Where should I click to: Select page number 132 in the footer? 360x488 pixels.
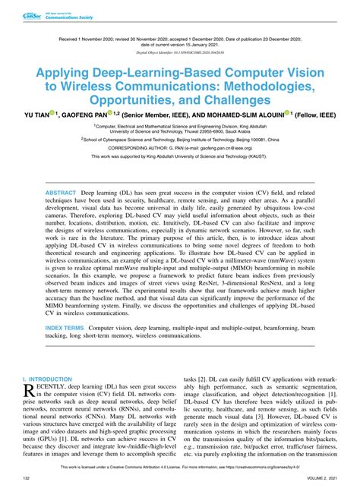click(x=27, y=479)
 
